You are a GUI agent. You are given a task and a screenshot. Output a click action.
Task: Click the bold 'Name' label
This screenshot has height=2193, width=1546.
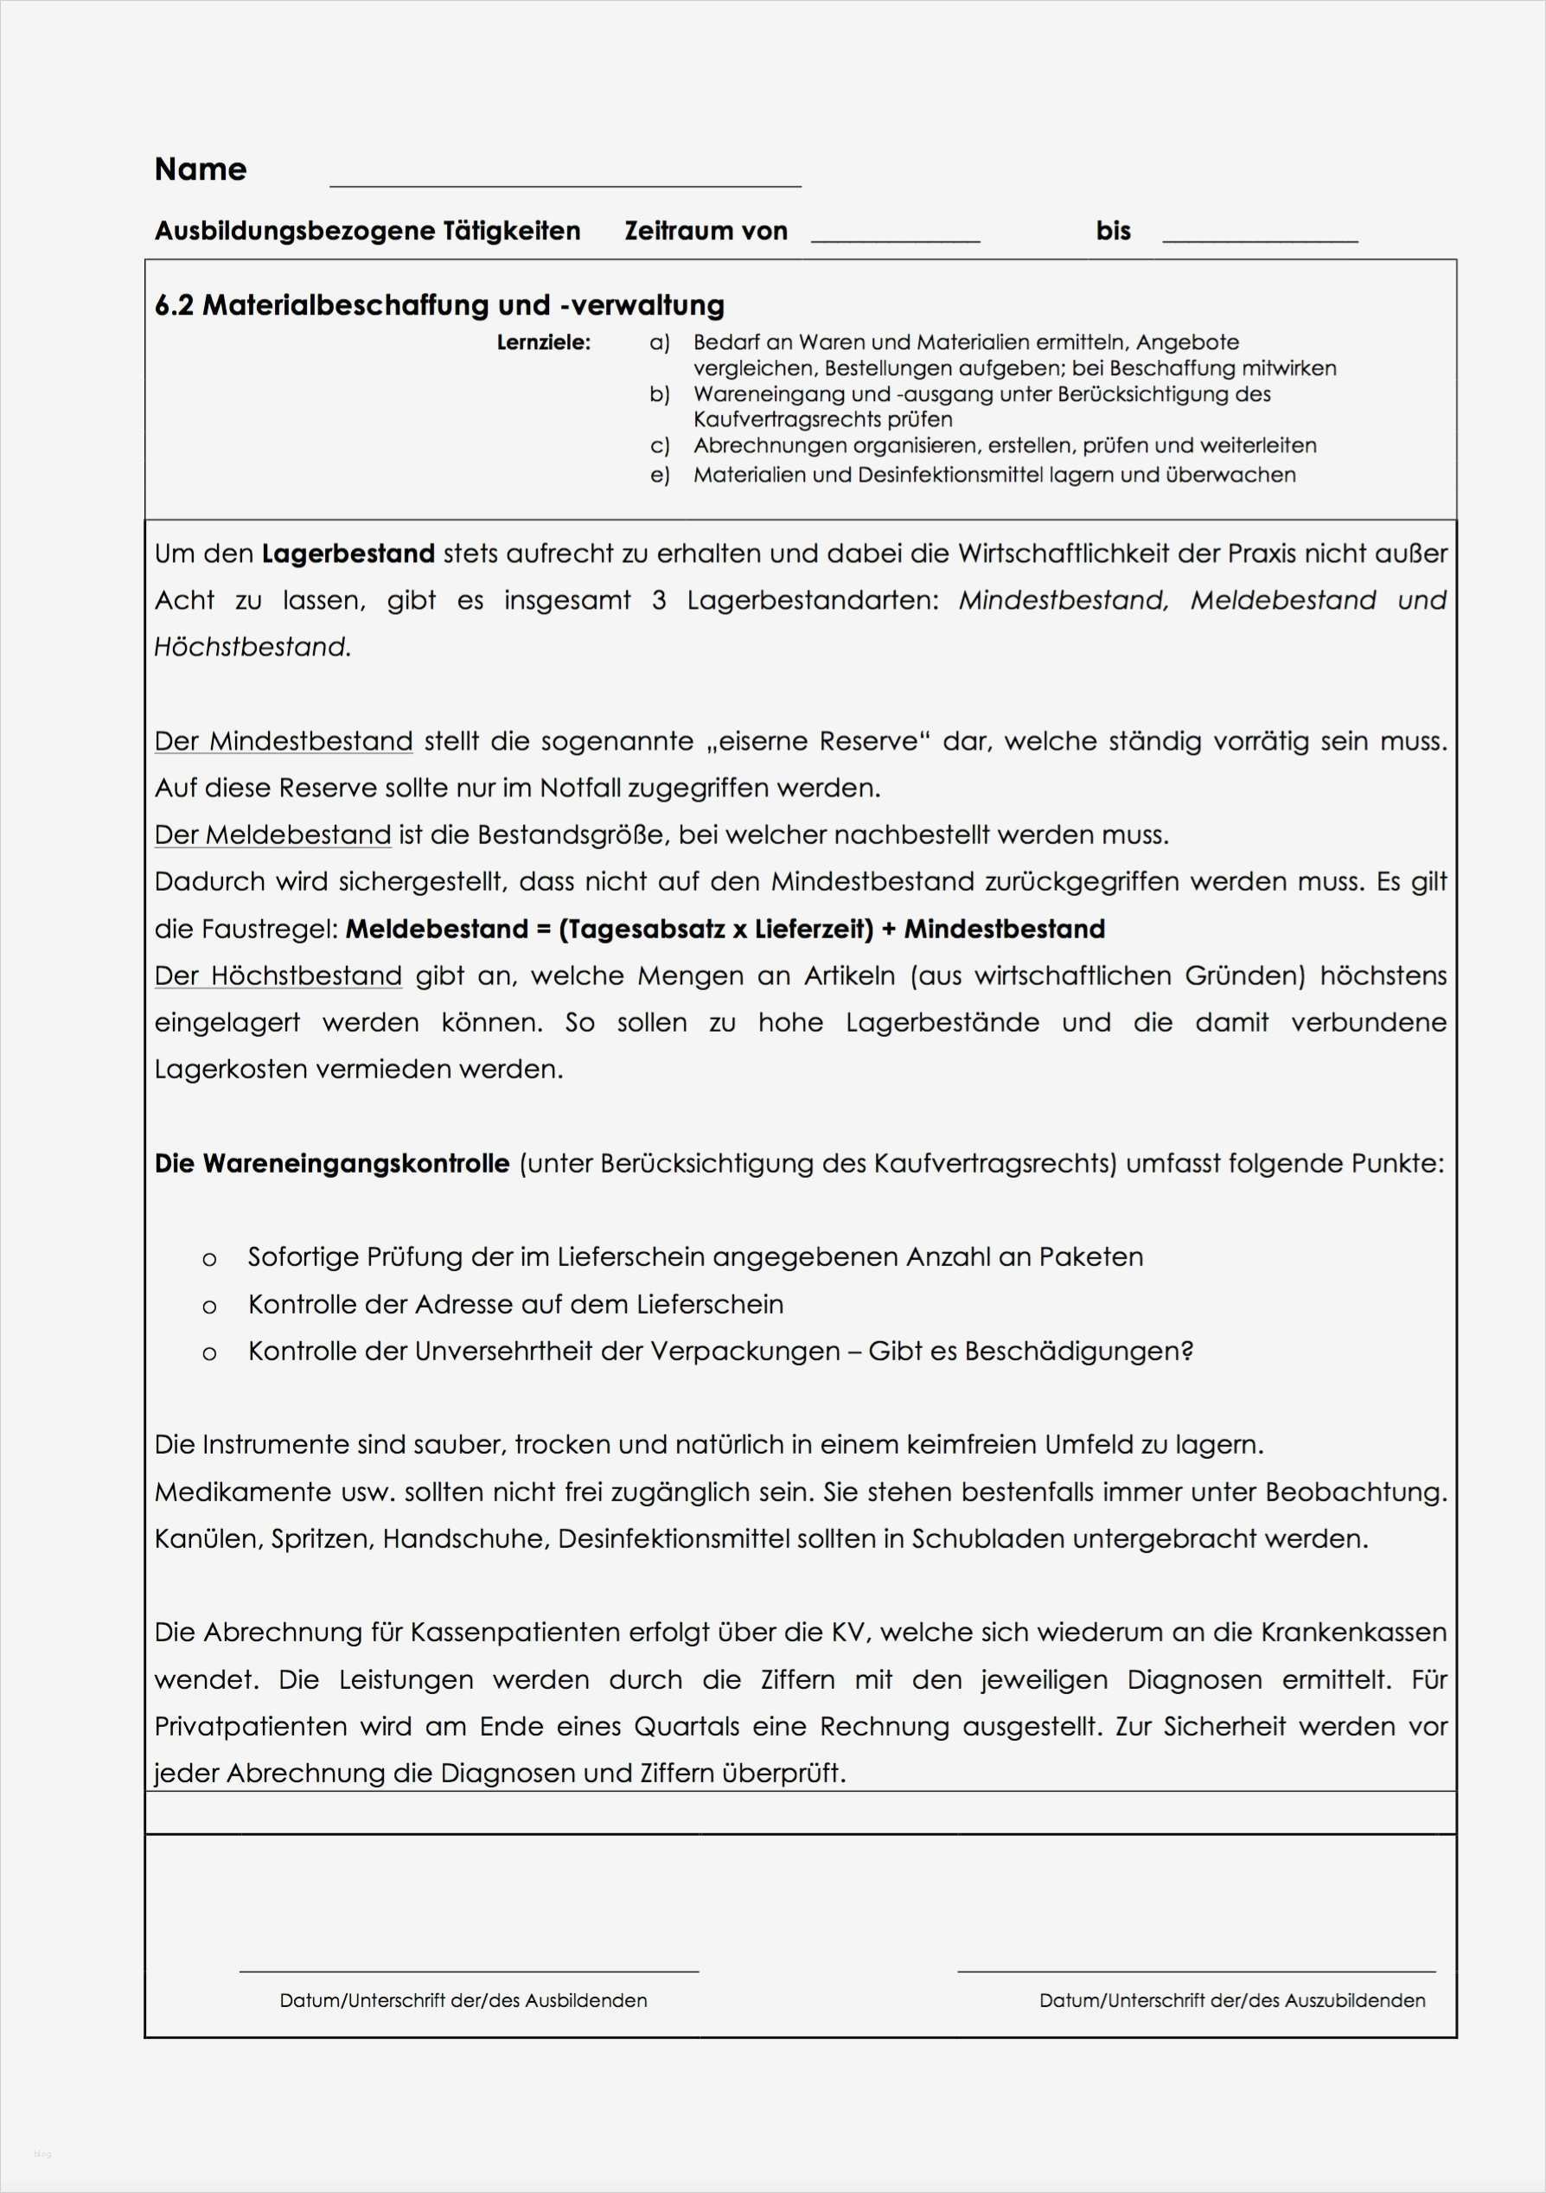pyautogui.click(x=201, y=169)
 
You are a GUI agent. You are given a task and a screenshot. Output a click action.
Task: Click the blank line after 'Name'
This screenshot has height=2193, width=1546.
pyautogui.click(x=565, y=184)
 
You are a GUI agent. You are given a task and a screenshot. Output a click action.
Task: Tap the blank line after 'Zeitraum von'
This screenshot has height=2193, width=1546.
pyautogui.click(x=895, y=240)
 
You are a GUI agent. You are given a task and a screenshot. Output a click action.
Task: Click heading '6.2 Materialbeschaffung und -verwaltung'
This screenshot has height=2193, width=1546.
pyautogui.click(x=439, y=305)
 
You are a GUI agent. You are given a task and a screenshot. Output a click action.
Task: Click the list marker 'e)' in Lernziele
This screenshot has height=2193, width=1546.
pyautogui.click(x=659, y=476)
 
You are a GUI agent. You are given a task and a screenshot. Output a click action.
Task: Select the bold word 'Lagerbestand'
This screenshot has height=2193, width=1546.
pyautogui.click(x=348, y=554)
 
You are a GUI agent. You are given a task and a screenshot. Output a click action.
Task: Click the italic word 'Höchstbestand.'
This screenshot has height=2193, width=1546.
pyautogui.click(x=253, y=648)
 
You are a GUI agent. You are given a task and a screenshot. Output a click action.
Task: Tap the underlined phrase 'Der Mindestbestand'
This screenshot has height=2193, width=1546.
pyautogui.click(x=284, y=741)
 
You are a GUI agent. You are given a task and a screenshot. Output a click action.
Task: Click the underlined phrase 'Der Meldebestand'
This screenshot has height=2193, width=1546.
pyautogui.click(x=273, y=834)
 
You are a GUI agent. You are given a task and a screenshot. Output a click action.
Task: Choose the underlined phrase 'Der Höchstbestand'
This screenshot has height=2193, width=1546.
pyautogui.click(x=278, y=976)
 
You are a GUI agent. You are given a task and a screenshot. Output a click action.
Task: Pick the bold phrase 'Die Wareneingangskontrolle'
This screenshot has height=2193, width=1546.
pyautogui.click(x=331, y=1164)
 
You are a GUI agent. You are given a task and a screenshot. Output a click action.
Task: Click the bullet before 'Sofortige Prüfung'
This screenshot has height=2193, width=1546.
pyautogui.click(x=209, y=1260)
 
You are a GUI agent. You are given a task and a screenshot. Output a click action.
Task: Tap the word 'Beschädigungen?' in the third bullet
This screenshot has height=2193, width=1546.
pyautogui.click(x=1078, y=1352)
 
